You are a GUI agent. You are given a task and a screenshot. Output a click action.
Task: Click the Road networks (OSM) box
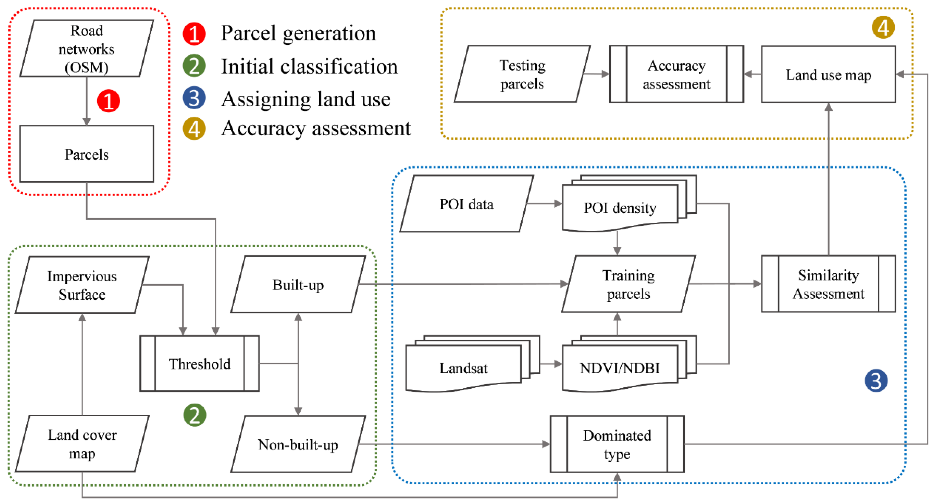[x=87, y=48]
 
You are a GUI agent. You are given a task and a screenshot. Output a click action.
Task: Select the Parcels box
[x=87, y=154]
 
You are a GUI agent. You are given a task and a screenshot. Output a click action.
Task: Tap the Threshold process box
[x=199, y=363]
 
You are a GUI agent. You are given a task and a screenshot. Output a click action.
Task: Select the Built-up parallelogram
[x=298, y=285]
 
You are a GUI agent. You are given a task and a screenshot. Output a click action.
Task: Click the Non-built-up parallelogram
[x=298, y=444]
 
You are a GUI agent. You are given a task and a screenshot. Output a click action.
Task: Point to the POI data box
[x=467, y=204]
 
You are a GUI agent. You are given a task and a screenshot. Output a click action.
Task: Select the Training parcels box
[x=628, y=284]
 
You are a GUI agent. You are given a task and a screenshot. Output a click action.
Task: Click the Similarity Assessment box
[x=829, y=284]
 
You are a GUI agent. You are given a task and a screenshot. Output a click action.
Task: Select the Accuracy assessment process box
[x=677, y=74]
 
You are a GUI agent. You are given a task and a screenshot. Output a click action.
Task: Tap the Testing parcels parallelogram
[x=522, y=74]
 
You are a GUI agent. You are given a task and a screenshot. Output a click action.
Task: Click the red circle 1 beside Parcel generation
[x=194, y=34]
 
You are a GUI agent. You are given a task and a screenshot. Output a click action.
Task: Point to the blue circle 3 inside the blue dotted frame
[x=876, y=381]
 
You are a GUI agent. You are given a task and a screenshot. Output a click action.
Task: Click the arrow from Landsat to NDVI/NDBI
[x=550, y=364]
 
